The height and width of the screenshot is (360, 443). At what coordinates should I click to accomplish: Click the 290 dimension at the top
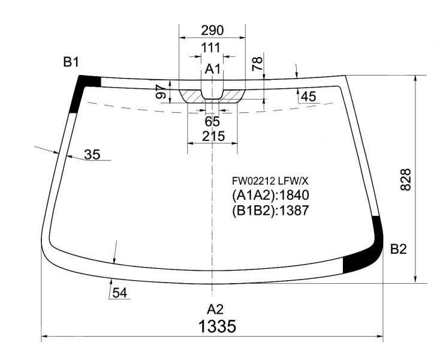click(212, 30)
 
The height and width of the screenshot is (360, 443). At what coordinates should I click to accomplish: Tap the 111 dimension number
click(210, 48)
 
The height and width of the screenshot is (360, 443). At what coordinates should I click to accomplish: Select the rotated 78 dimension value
click(257, 64)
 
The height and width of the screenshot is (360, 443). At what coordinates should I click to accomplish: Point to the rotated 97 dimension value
click(161, 91)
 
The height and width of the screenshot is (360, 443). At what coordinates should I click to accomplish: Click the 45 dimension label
click(308, 97)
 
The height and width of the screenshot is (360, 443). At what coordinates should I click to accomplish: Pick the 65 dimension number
click(212, 122)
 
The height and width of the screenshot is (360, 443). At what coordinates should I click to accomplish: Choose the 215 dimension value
click(213, 136)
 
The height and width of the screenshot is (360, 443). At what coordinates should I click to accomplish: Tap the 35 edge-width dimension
click(92, 155)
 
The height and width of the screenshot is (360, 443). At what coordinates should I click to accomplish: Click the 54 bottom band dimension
click(120, 293)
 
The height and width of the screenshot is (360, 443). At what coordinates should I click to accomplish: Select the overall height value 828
click(406, 179)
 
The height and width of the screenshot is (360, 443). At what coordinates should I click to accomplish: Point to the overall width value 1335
click(217, 326)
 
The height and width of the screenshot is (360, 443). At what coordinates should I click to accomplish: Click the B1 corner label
click(71, 62)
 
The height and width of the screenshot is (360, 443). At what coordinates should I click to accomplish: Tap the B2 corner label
click(399, 249)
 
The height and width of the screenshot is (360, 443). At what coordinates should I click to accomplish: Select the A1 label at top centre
click(212, 69)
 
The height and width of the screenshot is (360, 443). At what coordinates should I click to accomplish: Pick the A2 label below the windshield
click(215, 310)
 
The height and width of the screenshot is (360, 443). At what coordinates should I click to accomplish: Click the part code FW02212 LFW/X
click(270, 181)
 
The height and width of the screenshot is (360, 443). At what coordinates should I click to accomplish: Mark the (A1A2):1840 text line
click(270, 196)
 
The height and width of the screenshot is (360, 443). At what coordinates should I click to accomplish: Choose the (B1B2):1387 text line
click(270, 211)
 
